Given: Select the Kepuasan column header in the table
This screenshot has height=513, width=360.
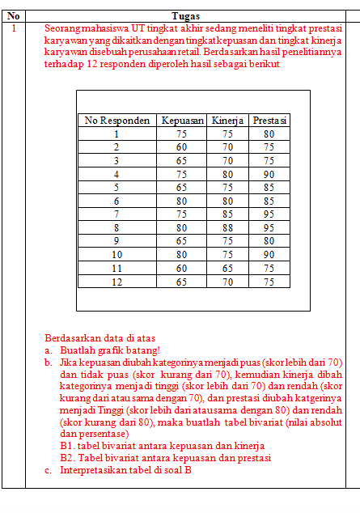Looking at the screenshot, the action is [182, 121].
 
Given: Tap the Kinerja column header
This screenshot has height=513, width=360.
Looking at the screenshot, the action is [228, 121].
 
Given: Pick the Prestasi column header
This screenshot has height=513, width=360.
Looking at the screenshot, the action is [269, 121].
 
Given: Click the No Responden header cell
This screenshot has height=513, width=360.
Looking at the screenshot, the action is [117, 121].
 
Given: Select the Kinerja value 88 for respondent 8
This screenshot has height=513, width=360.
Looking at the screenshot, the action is [228, 229].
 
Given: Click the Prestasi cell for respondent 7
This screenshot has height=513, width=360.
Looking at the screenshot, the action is [269, 214].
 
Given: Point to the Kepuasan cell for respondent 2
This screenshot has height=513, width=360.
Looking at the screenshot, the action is [182, 147].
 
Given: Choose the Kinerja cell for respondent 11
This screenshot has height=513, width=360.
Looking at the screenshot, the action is [228, 268].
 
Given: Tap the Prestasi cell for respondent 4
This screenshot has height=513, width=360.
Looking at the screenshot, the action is [269, 174].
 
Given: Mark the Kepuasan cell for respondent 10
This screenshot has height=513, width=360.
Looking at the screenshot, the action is [182, 254].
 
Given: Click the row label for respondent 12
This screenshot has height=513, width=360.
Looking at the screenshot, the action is [117, 282].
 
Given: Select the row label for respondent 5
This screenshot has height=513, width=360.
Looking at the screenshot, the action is [117, 188].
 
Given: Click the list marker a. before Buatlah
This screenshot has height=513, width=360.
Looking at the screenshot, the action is [49, 350].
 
